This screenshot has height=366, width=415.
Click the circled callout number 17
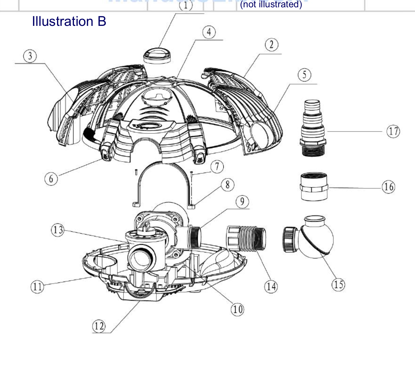(393, 131)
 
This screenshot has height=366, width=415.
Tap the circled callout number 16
(389, 187)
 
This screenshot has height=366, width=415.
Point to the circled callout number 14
(271, 286)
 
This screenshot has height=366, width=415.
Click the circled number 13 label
(58, 230)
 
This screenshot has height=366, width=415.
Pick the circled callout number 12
(99, 326)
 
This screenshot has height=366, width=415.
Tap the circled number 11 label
(37, 287)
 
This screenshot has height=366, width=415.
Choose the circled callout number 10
(237, 309)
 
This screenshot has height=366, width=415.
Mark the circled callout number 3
(30, 56)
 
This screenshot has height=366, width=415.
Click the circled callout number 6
(51, 179)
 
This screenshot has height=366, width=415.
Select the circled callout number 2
(271, 45)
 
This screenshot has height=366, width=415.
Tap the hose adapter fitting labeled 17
(313, 128)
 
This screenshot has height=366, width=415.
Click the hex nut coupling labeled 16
(314, 187)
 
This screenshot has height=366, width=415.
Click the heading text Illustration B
(69, 21)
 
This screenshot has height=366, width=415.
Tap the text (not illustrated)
(271, 4)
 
